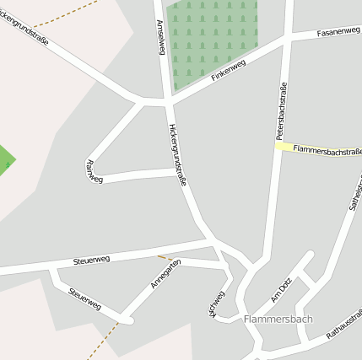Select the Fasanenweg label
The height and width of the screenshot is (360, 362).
338,33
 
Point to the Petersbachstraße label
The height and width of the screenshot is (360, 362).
281,110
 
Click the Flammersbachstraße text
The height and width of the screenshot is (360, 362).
328,151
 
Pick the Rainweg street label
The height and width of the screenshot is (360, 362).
95,171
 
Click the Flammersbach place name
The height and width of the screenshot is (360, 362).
278,320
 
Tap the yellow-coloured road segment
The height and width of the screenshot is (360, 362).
287,148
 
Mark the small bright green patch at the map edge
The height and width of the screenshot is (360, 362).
5,158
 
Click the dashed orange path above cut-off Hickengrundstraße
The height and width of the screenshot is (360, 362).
51,13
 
